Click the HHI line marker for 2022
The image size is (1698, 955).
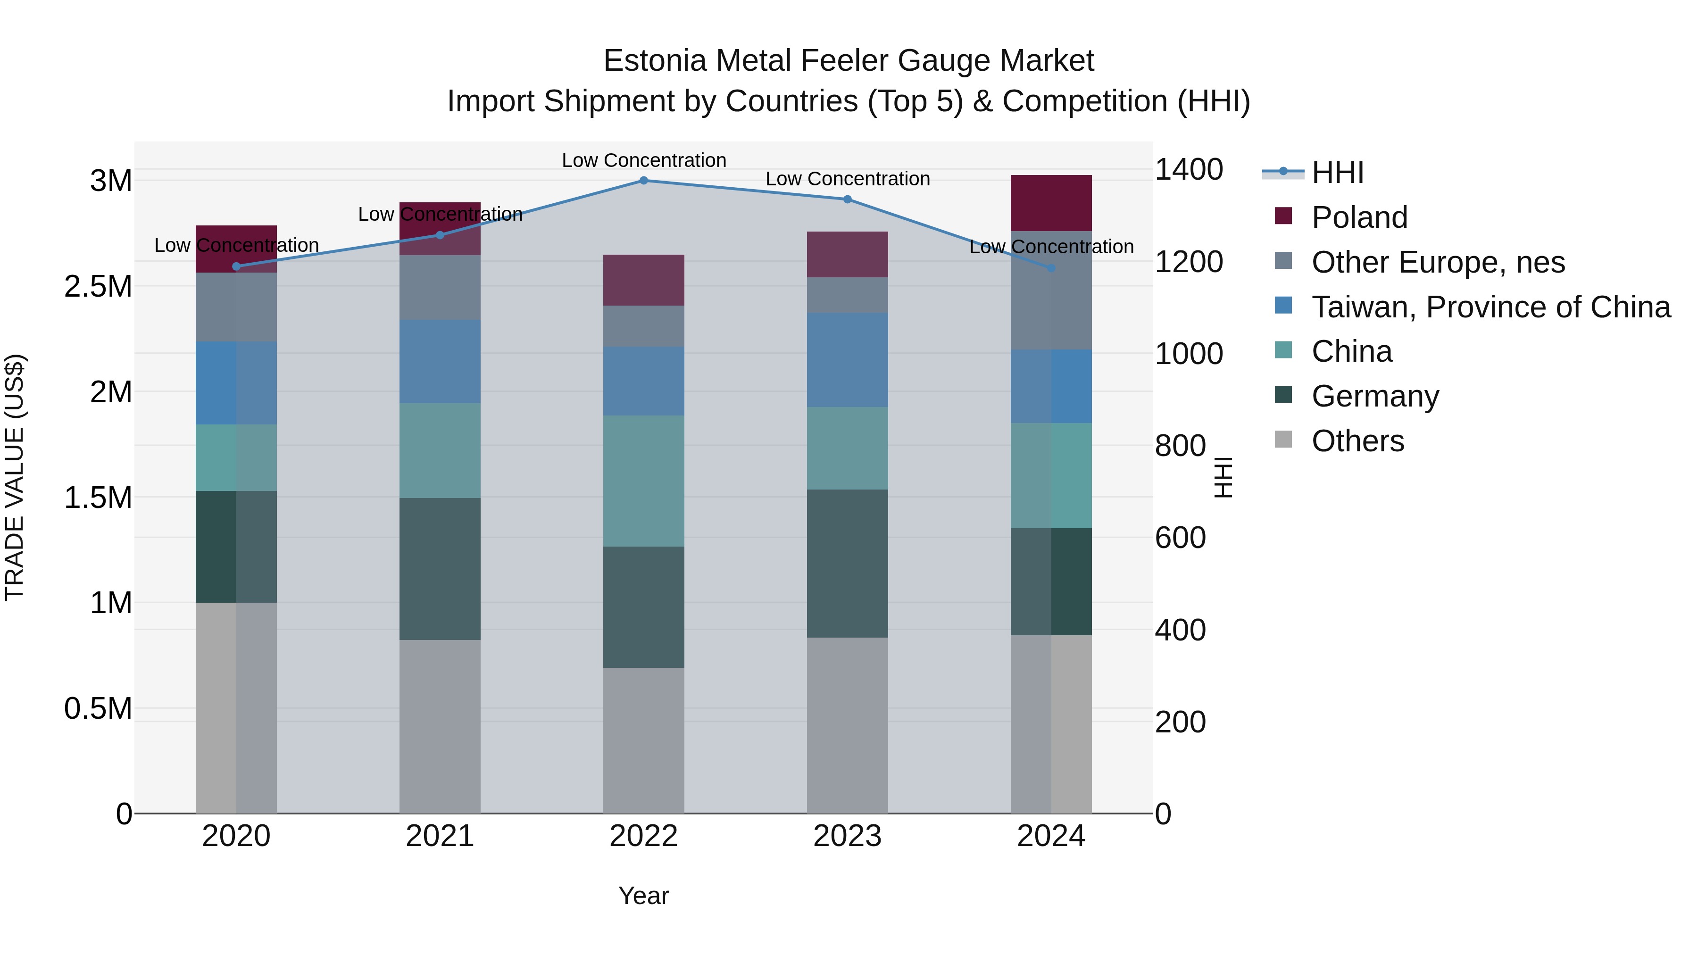click(644, 181)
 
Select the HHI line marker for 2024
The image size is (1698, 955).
click(1051, 268)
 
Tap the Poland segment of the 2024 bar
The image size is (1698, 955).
click(1051, 203)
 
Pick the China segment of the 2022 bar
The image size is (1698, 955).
click(644, 481)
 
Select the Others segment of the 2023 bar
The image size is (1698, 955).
click(847, 725)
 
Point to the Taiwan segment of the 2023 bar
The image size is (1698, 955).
click(847, 360)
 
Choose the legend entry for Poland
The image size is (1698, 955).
click(1359, 217)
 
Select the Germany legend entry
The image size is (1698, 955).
click(1375, 396)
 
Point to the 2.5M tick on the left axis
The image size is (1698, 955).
click(98, 287)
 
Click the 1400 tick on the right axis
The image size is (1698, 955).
click(1189, 169)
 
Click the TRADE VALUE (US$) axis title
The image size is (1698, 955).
click(15, 477)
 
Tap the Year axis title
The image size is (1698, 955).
click(643, 896)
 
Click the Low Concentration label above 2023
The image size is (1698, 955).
click(848, 179)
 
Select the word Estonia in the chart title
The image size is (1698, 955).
click(655, 61)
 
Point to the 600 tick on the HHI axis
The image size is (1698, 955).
click(1180, 538)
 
